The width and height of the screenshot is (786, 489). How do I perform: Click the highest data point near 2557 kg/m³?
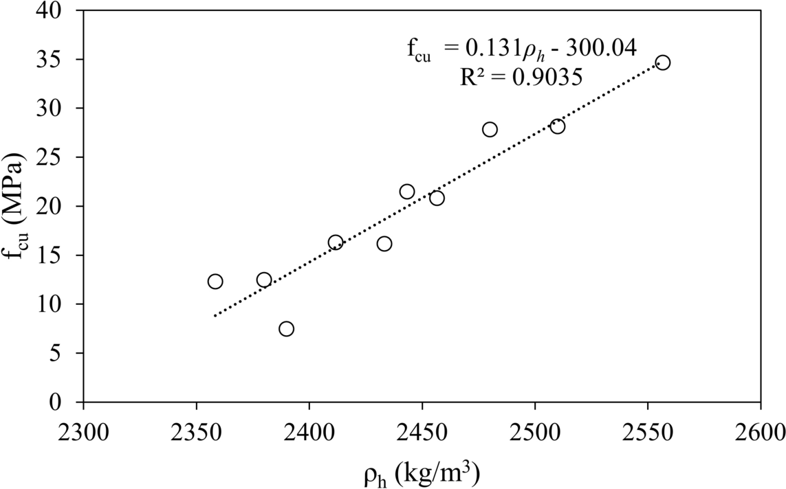point(663,62)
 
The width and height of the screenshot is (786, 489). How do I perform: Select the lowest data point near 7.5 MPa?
point(287,329)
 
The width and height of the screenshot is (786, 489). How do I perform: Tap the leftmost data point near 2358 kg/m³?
point(215,282)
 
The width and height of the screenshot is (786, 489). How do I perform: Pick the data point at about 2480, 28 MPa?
point(490,129)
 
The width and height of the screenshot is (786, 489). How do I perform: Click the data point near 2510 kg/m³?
point(558,126)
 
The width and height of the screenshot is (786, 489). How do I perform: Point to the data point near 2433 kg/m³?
point(384,244)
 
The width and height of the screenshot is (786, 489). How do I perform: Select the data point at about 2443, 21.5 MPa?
point(407,192)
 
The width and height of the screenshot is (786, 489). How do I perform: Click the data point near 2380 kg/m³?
point(264,280)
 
